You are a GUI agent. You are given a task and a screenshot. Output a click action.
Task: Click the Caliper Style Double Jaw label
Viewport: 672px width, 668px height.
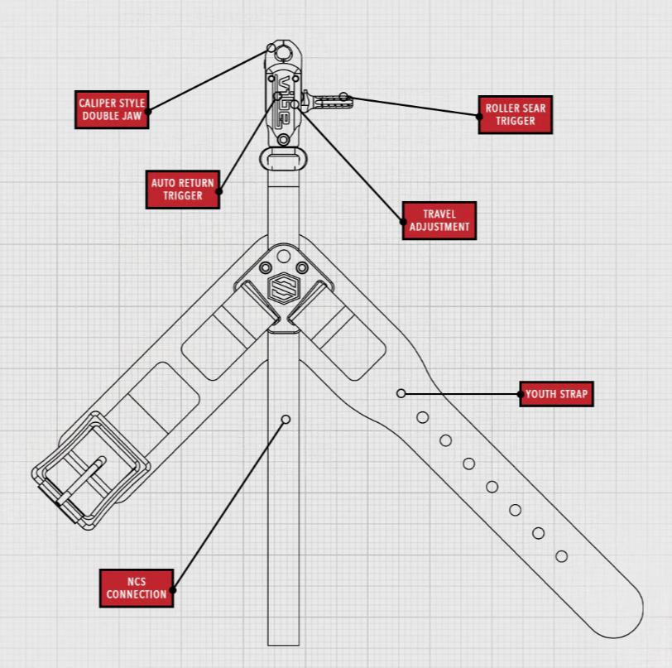(x=112, y=109)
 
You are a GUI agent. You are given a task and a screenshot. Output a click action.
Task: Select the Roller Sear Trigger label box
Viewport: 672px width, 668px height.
(x=515, y=114)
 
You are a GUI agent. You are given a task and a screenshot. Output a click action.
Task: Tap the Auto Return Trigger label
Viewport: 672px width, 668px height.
(x=183, y=190)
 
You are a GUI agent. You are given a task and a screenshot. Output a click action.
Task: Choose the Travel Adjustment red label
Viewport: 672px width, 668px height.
(x=439, y=220)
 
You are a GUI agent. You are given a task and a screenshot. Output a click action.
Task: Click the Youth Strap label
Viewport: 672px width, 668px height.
(x=556, y=393)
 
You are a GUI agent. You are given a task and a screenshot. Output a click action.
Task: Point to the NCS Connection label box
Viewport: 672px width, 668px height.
(x=137, y=589)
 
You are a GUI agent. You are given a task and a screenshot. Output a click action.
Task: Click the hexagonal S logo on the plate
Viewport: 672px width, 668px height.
(x=284, y=288)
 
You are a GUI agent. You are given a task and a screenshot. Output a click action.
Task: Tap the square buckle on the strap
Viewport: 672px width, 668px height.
(x=91, y=470)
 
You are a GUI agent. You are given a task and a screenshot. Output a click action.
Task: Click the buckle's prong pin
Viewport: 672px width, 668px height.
(x=81, y=480)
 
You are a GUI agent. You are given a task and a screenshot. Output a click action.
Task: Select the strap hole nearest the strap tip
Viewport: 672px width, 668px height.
(x=561, y=556)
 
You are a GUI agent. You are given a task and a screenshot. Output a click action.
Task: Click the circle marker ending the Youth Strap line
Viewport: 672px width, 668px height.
(x=401, y=393)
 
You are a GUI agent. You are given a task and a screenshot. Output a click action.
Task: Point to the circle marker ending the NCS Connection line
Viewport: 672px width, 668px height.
(x=286, y=420)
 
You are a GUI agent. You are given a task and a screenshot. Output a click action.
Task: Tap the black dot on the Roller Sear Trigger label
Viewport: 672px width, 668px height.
(x=479, y=116)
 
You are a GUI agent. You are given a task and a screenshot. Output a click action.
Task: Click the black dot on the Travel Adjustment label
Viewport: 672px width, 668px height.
(x=403, y=222)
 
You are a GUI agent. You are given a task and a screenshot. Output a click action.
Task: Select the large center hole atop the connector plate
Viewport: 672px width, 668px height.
(x=283, y=257)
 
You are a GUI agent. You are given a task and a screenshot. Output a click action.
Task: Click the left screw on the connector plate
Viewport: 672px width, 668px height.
(x=266, y=268)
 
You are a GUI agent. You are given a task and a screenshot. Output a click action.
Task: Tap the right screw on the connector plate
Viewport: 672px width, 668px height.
(x=302, y=268)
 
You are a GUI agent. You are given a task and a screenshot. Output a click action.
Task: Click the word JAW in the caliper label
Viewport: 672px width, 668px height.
(x=132, y=116)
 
